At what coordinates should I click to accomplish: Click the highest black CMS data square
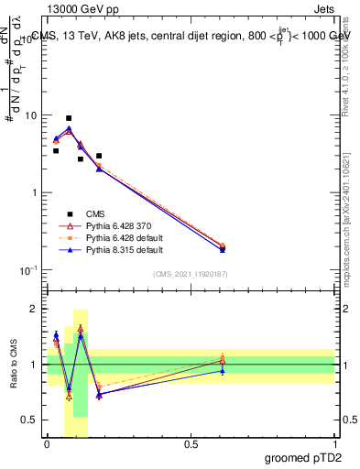pyautogui.click(x=69, y=118)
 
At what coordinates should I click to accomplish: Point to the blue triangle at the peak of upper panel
pyautogui.click(x=69, y=129)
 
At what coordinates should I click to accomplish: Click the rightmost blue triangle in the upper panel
pyautogui.click(x=223, y=249)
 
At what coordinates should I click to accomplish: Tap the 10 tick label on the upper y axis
pyautogui.click(x=31, y=116)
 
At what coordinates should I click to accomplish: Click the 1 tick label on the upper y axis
pyautogui.click(x=34, y=193)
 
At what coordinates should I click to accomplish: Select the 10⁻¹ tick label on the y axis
pyautogui.click(x=29, y=270)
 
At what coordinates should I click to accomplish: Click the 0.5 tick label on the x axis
pyautogui.click(x=191, y=444)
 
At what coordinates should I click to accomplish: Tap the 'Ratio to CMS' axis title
pyautogui.click(x=14, y=365)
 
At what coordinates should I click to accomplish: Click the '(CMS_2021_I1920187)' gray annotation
pyautogui.click(x=190, y=274)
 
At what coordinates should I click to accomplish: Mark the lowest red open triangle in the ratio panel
pyautogui.click(x=69, y=396)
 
